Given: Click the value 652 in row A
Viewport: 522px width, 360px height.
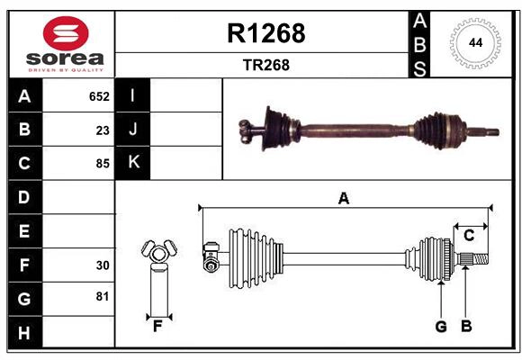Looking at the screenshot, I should [99, 96].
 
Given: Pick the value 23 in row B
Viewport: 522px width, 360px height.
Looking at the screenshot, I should [103, 130].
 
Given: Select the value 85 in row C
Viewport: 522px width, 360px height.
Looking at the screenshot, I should [103, 164].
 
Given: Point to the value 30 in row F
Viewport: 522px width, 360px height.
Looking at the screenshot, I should [103, 265].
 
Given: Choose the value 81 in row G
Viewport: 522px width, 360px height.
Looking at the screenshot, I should [103, 296].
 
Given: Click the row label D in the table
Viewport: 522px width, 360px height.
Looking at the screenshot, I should [23, 196].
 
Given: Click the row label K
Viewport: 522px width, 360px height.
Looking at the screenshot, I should [133, 162].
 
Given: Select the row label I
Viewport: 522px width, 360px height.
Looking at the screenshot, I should [133, 95].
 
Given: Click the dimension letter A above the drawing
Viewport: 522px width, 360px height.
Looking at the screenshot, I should [343, 198].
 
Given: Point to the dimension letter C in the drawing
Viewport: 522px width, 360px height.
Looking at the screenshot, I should [469, 236].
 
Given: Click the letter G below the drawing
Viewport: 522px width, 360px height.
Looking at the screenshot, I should [441, 327].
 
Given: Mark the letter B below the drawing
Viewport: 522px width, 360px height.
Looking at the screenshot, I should [466, 327].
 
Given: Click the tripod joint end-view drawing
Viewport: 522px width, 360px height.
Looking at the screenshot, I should [158, 256].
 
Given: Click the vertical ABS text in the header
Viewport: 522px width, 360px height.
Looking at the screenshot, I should [419, 43].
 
